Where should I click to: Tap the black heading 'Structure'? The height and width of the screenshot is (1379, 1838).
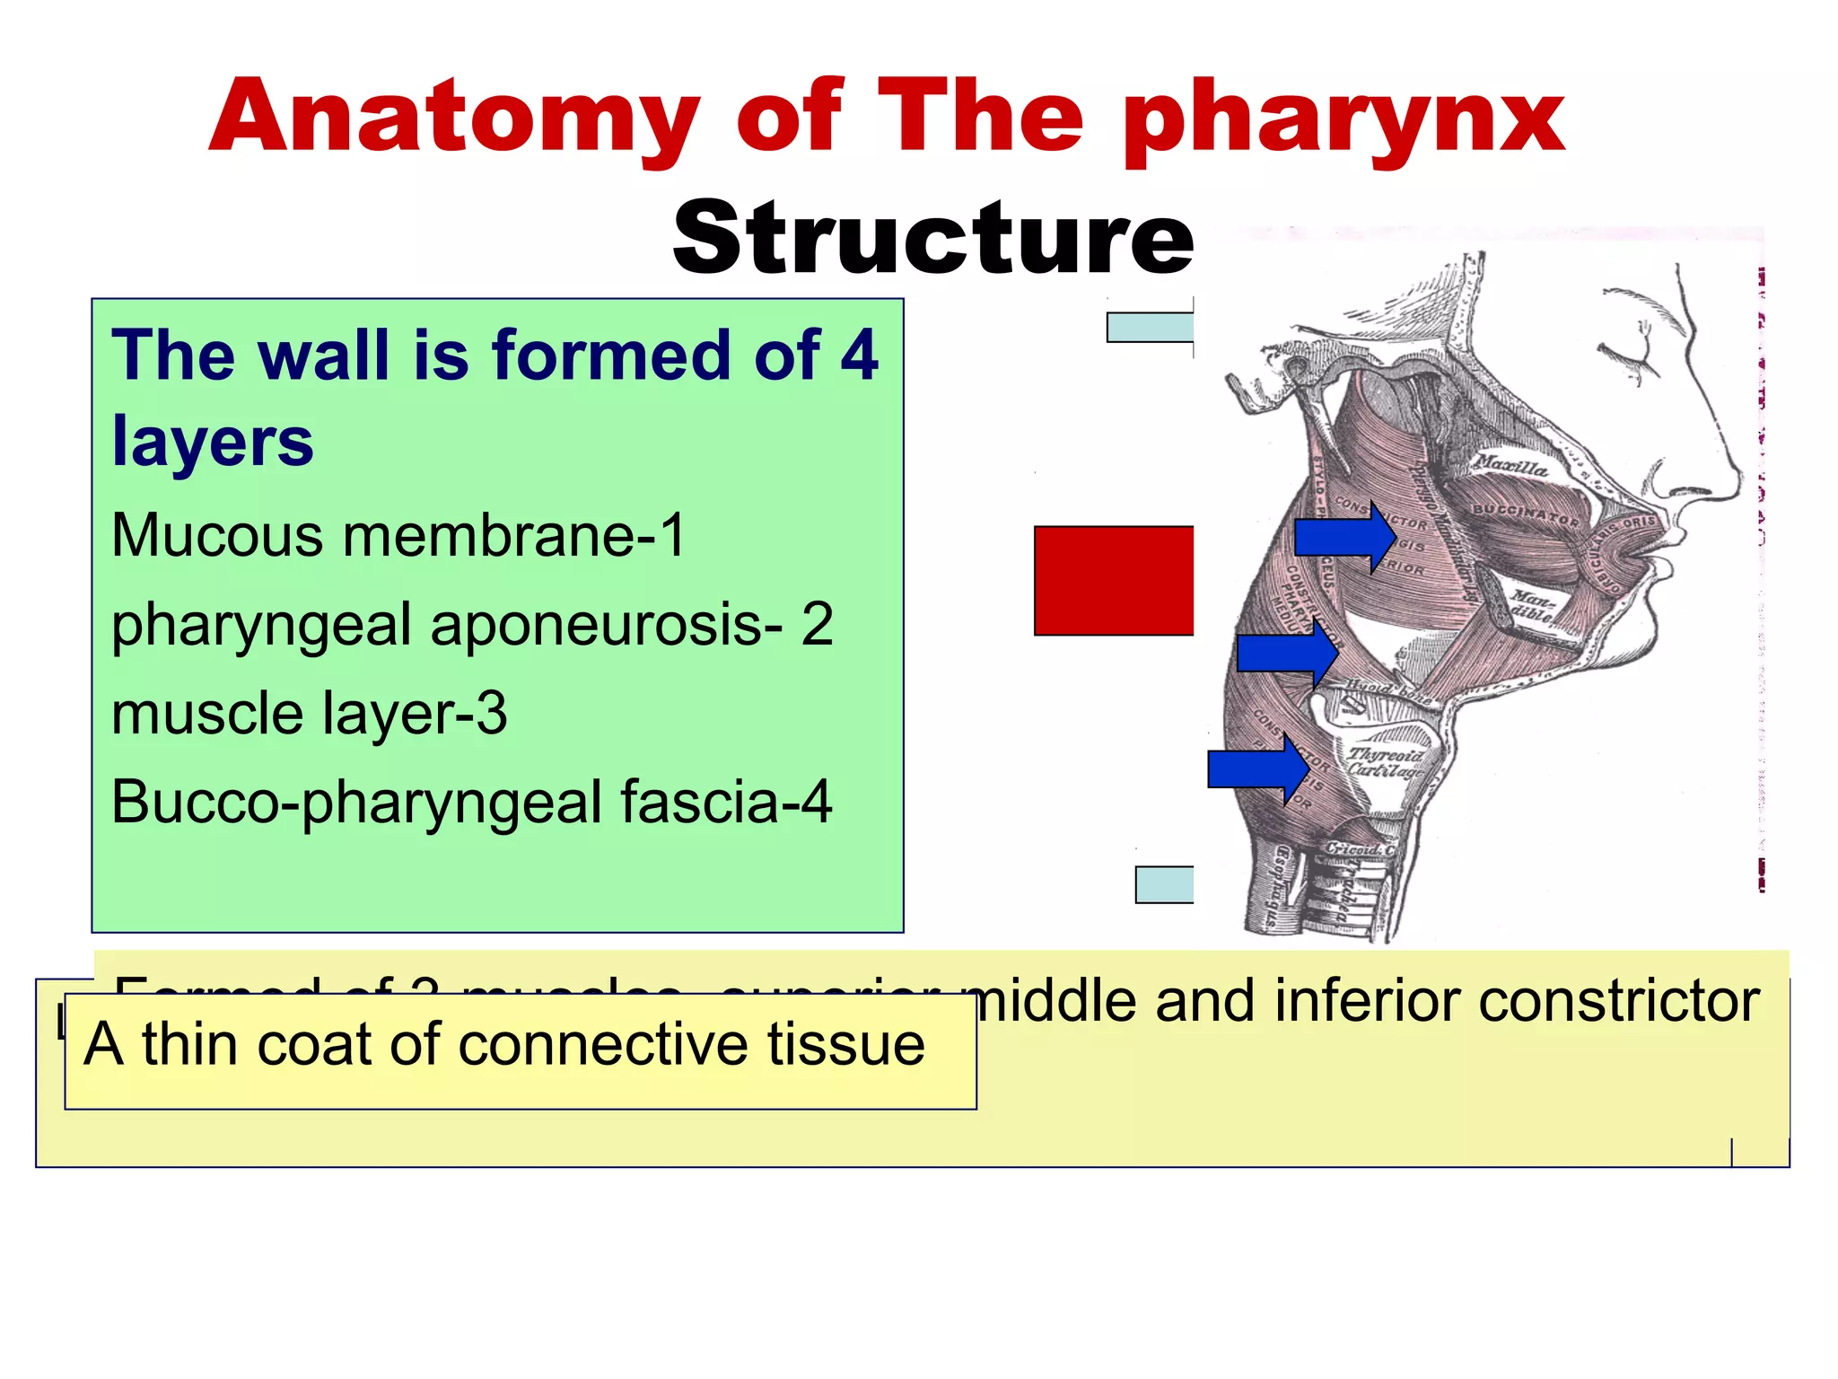tap(932, 238)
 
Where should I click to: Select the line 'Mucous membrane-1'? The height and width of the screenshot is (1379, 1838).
tap(398, 535)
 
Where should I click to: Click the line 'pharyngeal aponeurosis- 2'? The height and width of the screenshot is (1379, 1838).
tap(472, 625)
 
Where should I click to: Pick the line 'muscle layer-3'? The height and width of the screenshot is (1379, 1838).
tap(310, 714)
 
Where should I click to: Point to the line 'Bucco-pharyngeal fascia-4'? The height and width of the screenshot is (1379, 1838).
tap(472, 802)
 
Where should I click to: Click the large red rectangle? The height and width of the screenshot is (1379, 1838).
tap(1114, 581)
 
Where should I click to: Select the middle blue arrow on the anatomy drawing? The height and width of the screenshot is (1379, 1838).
tap(1286, 653)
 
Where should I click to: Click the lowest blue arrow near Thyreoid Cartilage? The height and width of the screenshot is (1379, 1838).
tap(1256, 769)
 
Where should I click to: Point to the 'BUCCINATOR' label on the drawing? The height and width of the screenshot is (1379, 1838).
tap(1525, 515)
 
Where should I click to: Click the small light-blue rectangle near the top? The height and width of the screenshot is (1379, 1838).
tap(1150, 328)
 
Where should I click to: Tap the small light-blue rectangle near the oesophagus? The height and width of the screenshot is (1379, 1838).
tap(1164, 884)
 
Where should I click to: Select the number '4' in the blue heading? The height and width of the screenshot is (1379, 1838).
tap(859, 356)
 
